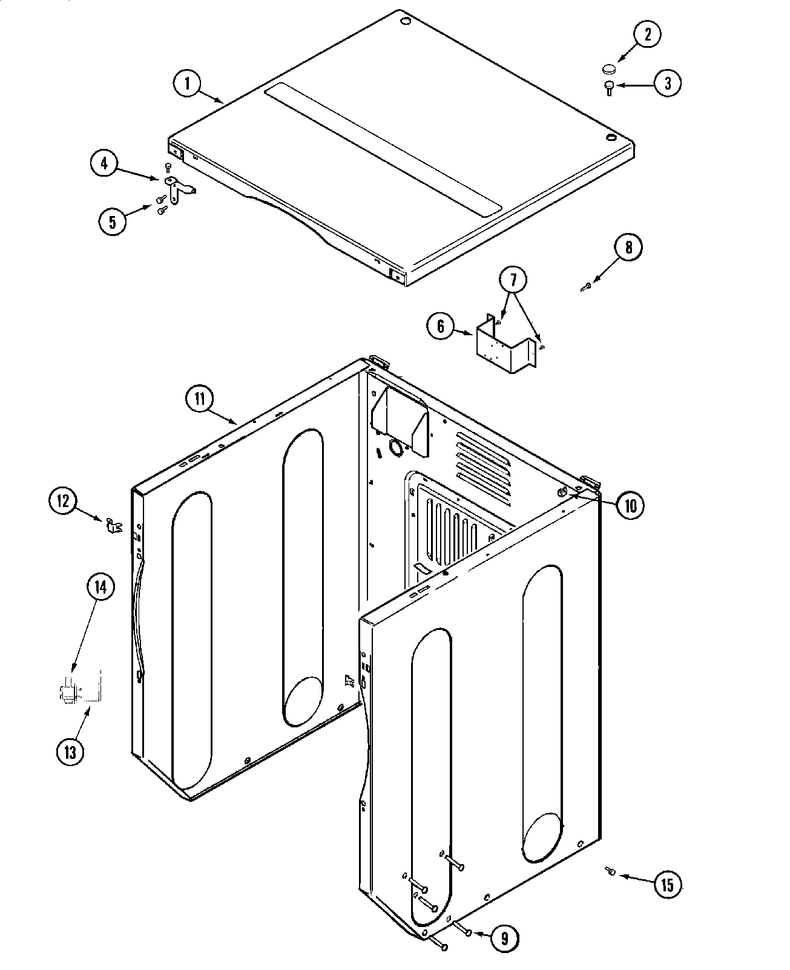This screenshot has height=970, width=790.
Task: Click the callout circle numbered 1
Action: pyautogui.click(x=188, y=84)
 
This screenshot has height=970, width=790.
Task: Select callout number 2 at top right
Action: pyautogui.click(x=647, y=34)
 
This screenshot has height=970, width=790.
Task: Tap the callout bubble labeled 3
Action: pyautogui.click(x=667, y=84)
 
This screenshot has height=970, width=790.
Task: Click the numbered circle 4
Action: pyautogui.click(x=105, y=164)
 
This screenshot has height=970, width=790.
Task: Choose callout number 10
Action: pyautogui.click(x=630, y=505)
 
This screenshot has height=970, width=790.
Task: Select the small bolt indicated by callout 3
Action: pyautogui.click(x=609, y=88)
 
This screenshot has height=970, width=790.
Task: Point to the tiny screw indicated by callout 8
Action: pyautogui.click(x=585, y=288)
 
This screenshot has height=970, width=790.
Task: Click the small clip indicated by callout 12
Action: pyautogui.click(x=113, y=525)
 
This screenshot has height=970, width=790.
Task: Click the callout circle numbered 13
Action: pyautogui.click(x=71, y=752)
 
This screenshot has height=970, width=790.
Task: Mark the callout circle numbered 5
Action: pyautogui.click(x=113, y=221)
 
